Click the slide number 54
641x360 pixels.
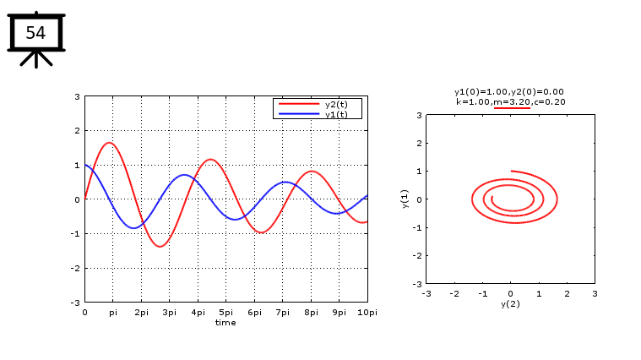point(35,33)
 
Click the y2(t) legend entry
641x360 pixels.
point(335,104)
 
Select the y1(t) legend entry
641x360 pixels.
point(335,114)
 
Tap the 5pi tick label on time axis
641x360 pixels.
point(225,313)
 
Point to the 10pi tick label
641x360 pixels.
point(367,313)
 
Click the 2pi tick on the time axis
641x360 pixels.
point(141,313)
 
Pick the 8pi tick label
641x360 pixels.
point(311,313)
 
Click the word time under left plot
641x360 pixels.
point(225,322)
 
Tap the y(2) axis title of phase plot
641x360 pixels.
point(510,303)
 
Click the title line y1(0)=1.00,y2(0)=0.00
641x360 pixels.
point(509,91)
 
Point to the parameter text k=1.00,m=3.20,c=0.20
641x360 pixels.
point(510,101)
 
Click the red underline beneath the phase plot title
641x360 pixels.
point(512,108)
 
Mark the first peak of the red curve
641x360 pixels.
point(110,143)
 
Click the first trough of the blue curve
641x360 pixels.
point(133,227)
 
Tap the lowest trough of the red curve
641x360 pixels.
point(160,246)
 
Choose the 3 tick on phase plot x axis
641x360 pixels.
point(594,293)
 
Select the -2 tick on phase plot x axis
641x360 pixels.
point(454,293)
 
